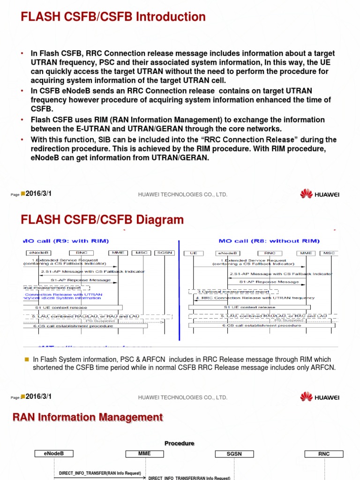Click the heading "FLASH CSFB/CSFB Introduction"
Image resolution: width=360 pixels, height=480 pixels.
tap(113, 17)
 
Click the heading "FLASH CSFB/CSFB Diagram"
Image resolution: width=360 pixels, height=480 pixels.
tap(102, 220)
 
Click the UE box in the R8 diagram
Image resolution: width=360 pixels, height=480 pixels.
tap(194, 253)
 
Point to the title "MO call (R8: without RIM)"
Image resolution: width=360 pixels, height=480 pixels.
tap(269, 241)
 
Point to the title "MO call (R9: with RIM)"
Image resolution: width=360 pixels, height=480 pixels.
tap(66, 241)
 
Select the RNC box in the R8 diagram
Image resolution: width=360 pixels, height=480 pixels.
tap(270, 253)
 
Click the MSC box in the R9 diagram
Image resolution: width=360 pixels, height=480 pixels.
tap(142, 253)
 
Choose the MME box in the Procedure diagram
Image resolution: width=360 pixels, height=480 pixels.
tap(145, 454)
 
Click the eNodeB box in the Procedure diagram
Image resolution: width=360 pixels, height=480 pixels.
tap(54, 454)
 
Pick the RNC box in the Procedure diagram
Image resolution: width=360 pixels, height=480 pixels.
tap(323, 454)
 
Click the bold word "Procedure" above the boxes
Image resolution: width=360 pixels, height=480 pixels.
tap(179, 443)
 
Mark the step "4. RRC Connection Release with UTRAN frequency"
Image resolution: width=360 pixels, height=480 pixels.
tap(255, 298)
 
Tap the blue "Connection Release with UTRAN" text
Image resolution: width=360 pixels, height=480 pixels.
tap(63, 294)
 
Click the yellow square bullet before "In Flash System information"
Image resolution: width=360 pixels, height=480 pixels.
tap(27, 359)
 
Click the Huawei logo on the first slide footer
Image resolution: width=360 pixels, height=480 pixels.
tap(320, 194)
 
